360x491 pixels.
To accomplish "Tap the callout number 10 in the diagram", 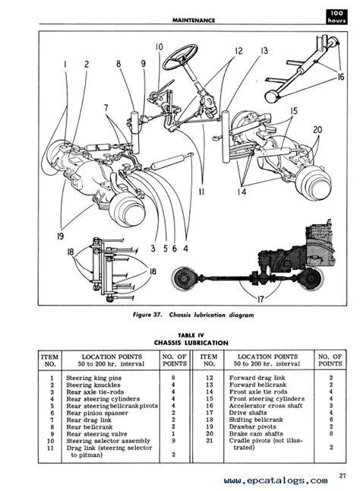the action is tap(159, 47).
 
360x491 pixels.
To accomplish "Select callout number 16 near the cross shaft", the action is tap(340, 76).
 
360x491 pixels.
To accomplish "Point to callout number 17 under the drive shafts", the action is tap(261, 299).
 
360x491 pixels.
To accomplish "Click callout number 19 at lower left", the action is tap(60, 236).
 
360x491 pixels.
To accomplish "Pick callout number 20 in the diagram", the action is tap(317, 129).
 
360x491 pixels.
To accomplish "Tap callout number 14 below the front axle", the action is tap(242, 192).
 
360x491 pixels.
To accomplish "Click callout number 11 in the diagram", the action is tap(202, 192).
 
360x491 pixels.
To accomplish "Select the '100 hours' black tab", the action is tap(336, 17).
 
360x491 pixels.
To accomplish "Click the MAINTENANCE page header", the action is tap(194, 21).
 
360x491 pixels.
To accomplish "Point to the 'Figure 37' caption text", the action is tap(194, 315).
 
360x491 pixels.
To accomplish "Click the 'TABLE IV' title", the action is tap(191, 335).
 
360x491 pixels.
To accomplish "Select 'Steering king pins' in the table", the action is tap(94, 378).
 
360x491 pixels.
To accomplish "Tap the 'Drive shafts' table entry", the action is tap(248, 413).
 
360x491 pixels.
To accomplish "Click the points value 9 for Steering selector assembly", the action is tap(174, 441).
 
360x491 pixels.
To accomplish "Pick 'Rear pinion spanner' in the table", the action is tap(97, 413).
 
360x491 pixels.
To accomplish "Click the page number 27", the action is tap(343, 476).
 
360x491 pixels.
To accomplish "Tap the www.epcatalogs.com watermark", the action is tap(276, 480).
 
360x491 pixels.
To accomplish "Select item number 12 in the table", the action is tap(210, 378).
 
